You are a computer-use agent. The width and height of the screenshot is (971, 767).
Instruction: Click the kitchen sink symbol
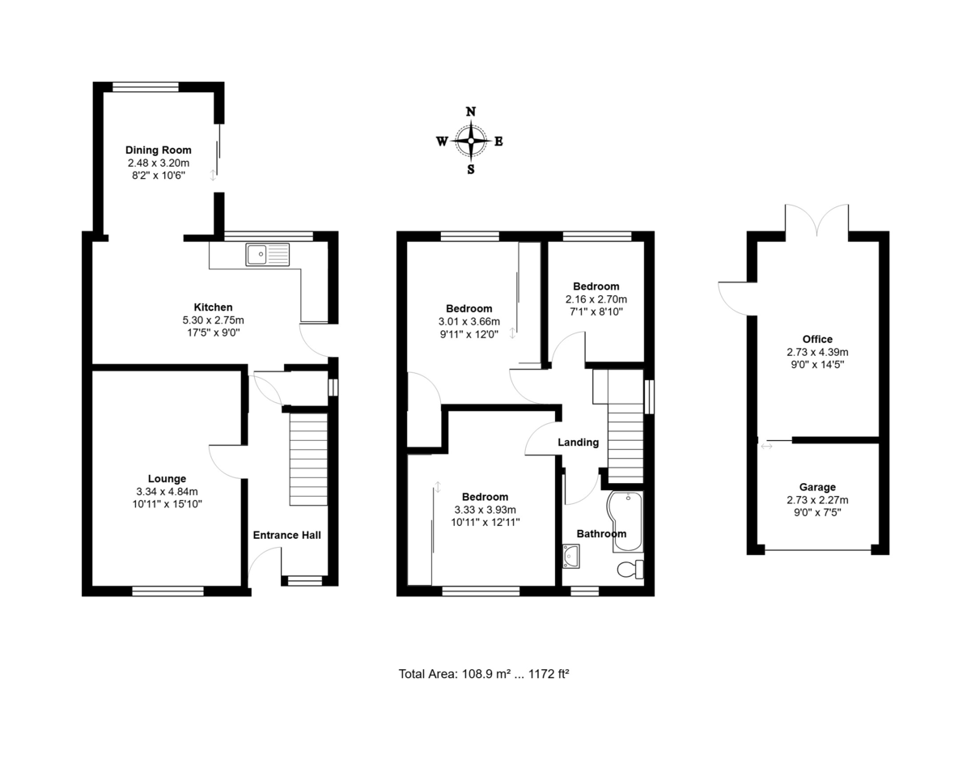click(268, 255)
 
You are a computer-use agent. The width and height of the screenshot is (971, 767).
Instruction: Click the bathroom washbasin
click(571, 555)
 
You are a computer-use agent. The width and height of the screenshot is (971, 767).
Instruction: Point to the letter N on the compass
click(470, 112)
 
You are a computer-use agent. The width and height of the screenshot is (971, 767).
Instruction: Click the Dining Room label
click(158, 150)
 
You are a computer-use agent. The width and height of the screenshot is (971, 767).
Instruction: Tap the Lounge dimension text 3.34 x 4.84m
click(167, 491)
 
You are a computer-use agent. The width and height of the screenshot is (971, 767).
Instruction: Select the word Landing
click(578, 443)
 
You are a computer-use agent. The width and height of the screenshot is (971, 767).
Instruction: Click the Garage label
click(816, 488)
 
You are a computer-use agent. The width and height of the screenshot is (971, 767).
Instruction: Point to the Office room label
click(817, 339)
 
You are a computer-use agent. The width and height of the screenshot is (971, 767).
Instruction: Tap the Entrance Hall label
click(286, 535)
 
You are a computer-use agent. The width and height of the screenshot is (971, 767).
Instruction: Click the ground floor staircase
click(308, 460)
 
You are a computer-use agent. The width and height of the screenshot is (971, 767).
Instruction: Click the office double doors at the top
click(817, 220)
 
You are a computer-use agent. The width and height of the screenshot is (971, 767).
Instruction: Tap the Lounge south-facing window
click(167, 592)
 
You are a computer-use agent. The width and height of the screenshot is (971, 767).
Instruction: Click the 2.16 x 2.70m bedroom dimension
click(596, 299)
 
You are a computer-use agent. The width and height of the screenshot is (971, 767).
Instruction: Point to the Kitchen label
click(213, 307)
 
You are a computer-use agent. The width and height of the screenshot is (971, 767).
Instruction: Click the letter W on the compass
click(443, 142)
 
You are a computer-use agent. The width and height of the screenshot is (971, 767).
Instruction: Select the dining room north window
click(146, 86)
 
